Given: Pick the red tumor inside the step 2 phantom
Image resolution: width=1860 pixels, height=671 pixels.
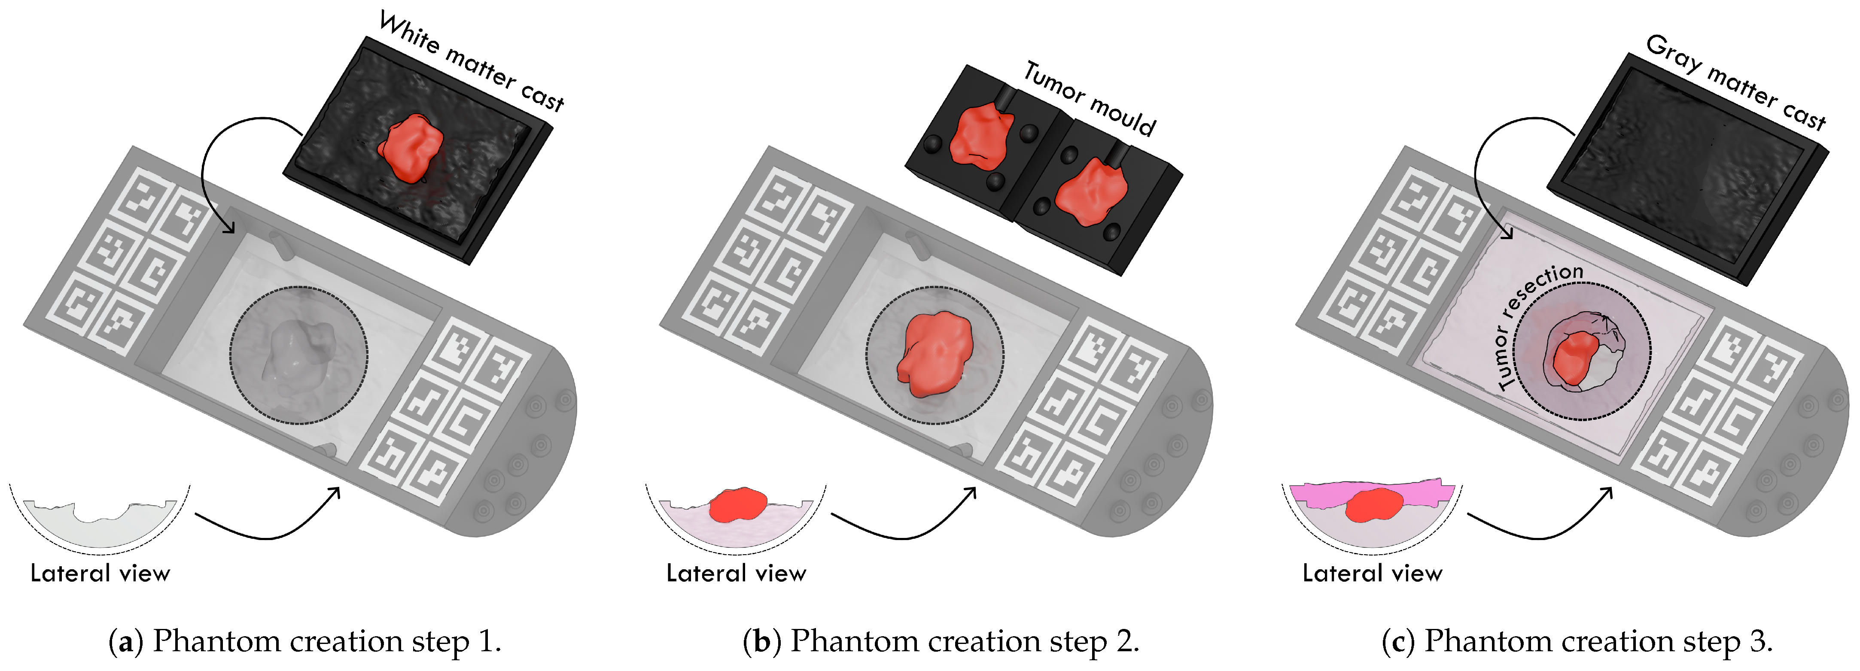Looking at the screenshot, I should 935,354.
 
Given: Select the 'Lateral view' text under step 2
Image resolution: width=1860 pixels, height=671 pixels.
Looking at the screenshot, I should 736,574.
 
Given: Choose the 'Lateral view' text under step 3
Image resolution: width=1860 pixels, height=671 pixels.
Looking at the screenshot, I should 1372,574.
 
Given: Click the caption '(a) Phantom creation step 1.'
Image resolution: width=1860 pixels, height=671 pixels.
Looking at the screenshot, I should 305,641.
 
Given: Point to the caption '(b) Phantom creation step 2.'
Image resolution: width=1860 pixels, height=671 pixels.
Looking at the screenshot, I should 941,641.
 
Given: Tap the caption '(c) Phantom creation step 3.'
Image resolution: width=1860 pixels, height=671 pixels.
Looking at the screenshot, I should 1577,641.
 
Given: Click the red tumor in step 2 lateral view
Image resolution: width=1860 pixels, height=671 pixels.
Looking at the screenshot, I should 737,504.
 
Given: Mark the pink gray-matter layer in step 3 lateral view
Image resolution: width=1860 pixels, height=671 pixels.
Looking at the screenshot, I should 1415,493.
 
